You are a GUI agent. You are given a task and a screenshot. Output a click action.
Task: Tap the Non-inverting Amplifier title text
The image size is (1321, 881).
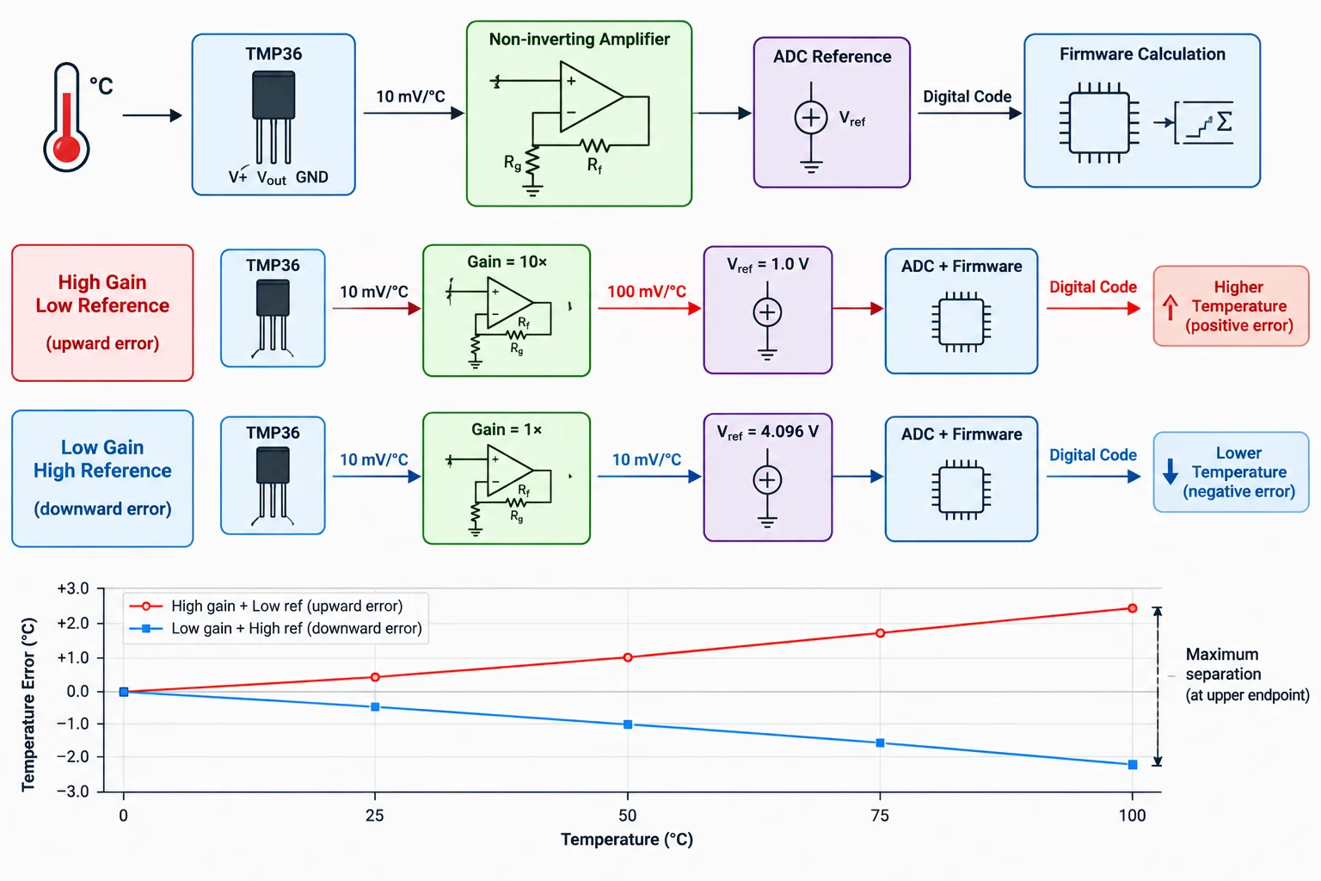[579, 40]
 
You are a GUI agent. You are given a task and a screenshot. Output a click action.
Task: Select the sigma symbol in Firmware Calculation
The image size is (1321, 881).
[1225, 122]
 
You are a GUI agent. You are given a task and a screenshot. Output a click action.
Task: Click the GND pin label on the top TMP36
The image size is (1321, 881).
[311, 177]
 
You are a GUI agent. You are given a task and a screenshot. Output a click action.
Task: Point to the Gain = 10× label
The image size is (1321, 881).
[507, 262]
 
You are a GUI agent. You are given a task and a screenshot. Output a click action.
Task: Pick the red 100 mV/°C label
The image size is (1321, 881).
[647, 292]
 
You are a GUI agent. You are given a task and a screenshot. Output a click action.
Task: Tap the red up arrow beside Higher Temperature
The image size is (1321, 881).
[1170, 307]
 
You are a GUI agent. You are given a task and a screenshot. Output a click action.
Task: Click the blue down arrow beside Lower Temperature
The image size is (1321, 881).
[1170, 471]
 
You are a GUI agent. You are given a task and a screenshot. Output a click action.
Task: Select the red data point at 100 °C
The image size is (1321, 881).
[1133, 608]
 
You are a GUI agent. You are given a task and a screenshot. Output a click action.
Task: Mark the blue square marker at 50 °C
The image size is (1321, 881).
[628, 724]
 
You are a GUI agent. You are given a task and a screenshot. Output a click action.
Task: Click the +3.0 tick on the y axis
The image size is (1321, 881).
[73, 588]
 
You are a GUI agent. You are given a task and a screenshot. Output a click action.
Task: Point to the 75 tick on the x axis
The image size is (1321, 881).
[879, 816]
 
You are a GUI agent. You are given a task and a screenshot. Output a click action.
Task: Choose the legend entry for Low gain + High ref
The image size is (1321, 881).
[276, 628]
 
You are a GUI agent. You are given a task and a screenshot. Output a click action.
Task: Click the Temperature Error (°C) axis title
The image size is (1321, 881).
[28, 704]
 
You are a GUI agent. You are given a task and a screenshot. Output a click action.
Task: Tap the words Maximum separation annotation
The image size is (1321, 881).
[1223, 664]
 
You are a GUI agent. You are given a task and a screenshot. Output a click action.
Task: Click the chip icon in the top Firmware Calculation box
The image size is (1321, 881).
[1098, 122]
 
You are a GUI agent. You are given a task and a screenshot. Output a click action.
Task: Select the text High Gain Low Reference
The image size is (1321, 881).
[102, 294]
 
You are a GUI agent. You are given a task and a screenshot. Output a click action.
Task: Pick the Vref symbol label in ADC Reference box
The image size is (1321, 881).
[852, 119]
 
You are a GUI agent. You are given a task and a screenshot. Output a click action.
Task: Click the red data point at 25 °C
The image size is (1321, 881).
[375, 677]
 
